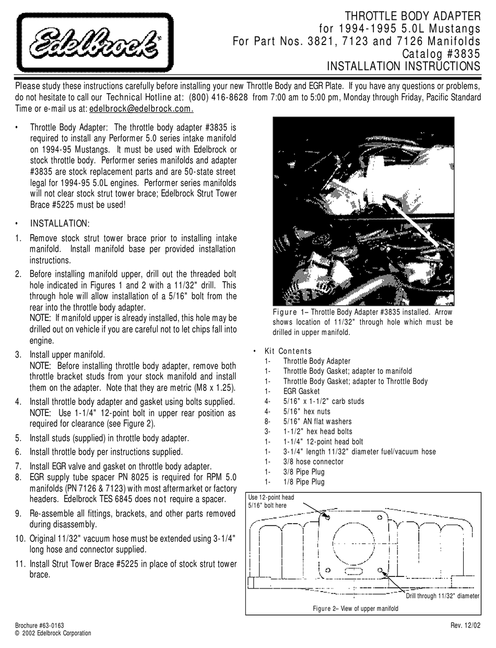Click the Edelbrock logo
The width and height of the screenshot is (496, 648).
[x=95, y=43]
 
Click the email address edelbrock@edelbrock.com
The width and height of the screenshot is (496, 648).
[x=141, y=109]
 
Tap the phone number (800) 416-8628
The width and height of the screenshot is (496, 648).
[x=217, y=97]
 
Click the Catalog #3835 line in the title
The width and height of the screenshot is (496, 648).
[x=441, y=53]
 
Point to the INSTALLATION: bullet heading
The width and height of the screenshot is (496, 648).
[x=60, y=224]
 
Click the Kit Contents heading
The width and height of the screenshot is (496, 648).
[x=288, y=351]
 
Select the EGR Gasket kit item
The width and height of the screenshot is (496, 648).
[x=301, y=391]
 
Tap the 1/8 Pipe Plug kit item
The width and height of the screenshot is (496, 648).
[x=303, y=481]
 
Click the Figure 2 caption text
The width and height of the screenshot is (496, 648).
[x=355, y=608]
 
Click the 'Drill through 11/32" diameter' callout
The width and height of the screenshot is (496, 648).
[x=442, y=596]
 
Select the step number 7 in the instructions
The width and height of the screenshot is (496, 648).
[x=19, y=466]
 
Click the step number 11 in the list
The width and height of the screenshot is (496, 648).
[x=20, y=564]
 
